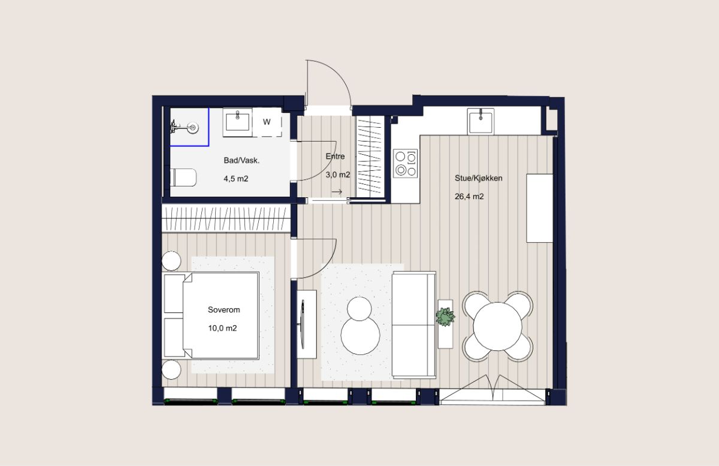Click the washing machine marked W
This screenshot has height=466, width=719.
267,122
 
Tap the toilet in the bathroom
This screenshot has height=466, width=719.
183,178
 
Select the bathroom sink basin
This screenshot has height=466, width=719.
237,122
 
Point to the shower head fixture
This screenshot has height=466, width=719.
185,128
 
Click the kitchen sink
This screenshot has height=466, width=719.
481,121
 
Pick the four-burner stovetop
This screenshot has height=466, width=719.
406,163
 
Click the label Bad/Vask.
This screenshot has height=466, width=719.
241,160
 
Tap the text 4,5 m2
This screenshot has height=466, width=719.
236,179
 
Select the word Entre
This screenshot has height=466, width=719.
335,156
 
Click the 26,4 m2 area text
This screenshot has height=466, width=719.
469,196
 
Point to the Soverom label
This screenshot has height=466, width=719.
223,310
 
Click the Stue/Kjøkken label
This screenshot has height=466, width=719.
478,178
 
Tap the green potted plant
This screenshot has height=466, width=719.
445,317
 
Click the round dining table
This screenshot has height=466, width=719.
497,326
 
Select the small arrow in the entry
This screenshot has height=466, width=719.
337,192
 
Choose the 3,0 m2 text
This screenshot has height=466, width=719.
338,175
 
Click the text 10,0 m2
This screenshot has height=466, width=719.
222,328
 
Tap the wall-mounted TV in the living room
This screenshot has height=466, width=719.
303,324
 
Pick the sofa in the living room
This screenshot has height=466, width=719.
414,325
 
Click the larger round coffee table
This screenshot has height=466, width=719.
360,335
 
